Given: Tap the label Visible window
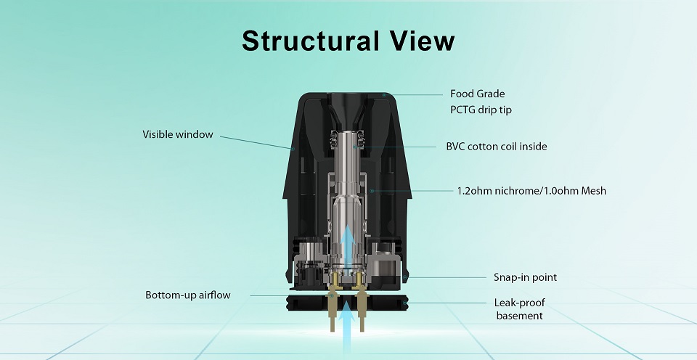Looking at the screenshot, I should pos(178,134).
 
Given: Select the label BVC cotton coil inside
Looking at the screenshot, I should pos(497,147).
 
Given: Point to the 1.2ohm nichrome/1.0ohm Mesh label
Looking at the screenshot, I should pos(531,191).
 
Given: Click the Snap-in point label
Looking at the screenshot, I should pos(525,277).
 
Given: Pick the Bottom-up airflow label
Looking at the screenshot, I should pos(188,295).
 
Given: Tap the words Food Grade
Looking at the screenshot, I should pos(477,94).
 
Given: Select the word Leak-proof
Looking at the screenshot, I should pos(519,302).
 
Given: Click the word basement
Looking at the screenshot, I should pos(519,316).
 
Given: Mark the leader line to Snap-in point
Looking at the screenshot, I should pos(447,277).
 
